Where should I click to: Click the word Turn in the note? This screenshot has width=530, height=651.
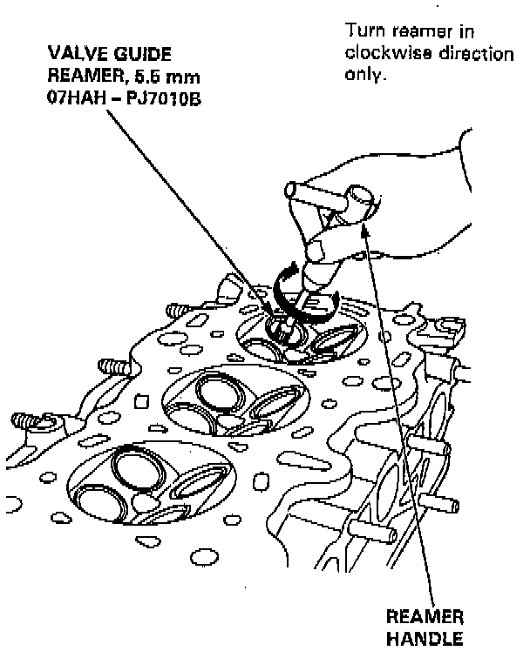coord(363,32)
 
